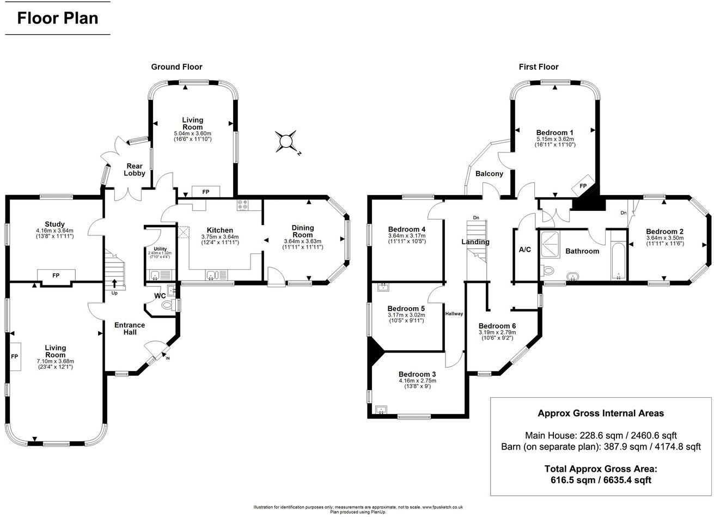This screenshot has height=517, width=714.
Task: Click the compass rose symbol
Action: [x=286, y=142]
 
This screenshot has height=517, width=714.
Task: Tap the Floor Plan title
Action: [x=58, y=18]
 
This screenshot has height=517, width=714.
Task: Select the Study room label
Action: [x=54, y=224]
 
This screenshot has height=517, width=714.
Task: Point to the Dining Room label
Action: [x=303, y=232]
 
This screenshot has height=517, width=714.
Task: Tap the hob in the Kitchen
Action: [x=243, y=205]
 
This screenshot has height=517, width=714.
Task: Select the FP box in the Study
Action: [x=56, y=276]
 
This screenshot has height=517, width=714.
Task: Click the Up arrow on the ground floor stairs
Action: [x=114, y=283]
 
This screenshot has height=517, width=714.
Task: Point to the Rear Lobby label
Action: [x=135, y=169]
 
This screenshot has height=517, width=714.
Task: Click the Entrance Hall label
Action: [x=129, y=329]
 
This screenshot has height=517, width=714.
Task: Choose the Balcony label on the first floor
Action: [x=489, y=174]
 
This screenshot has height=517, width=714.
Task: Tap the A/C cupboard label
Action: [x=525, y=250]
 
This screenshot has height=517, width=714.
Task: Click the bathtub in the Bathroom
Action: [x=618, y=256]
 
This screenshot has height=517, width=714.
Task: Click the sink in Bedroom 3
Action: [x=381, y=409]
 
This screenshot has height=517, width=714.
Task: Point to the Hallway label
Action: [x=454, y=313]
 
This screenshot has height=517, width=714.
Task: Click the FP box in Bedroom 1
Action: [x=583, y=186]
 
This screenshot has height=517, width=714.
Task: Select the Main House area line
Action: [x=601, y=435]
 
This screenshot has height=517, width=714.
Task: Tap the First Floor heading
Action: [x=538, y=67]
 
